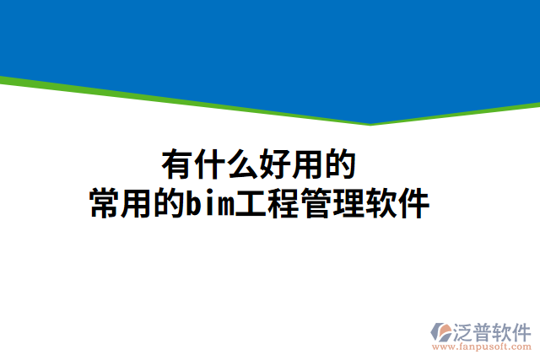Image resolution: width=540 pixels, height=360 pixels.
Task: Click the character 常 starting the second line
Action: point(106,204)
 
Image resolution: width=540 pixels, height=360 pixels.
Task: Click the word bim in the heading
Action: point(210,204)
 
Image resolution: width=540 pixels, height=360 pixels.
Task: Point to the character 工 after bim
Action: point(251,204)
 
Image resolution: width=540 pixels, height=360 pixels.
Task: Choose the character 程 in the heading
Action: point(283,204)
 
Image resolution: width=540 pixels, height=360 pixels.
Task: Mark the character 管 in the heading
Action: point(315,204)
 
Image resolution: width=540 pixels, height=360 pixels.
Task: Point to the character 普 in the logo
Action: point(485,329)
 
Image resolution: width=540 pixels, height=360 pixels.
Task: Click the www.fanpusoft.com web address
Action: point(482,346)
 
